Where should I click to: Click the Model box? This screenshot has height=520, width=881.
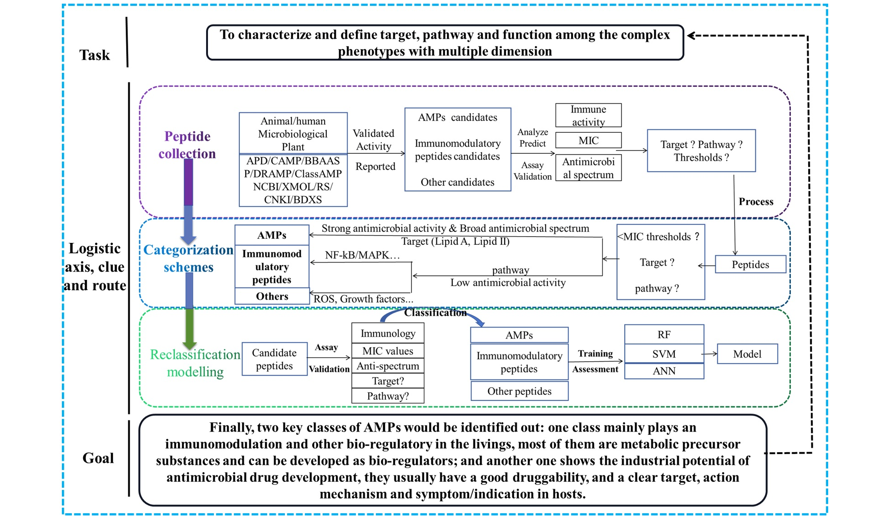pyautogui.click(x=747, y=354)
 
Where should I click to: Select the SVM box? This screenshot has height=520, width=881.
pyautogui.click(x=663, y=353)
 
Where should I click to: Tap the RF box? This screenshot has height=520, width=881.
pyautogui.click(x=663, y=334)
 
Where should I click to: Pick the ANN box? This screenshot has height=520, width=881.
pyautogui.click(x=663, y=371)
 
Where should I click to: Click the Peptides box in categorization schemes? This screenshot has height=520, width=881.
pyautogui.click(x=750, y=264)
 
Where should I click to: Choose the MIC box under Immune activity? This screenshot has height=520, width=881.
pyautogui.click(x=588, y=141)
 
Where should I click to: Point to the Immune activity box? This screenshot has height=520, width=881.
pyautogui.click(x=588, y=116)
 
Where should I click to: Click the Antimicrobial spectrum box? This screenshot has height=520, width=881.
pyautogui.click(x=588, y=168)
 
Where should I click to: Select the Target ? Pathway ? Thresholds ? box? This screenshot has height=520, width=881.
pyautogui.click(x=701, y=151)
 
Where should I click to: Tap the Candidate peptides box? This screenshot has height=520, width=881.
pyautogui.click(x=274, y=359)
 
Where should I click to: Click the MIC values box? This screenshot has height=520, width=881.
pyautogui.click(x=388, y=351)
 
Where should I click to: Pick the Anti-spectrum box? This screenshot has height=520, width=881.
pyautogui.click(x=388, y=366)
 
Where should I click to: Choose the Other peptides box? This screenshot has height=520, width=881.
pyautogui.click(x=519, y=391)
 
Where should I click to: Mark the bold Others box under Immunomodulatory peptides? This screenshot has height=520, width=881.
pyautogui.click(x=272, y=296)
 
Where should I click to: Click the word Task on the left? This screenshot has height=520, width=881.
pyautogui.click(x=95, y=55)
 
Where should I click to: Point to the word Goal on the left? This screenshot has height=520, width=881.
pyautogui.click(x=98, y=458)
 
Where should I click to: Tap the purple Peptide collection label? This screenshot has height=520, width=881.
pyautogui.click(x=187, y=145)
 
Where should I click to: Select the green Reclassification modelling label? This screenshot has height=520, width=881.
pyautogui.click(x=195, y=363)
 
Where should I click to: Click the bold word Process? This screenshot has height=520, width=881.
pyautogui.click(x=755, y=202)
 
